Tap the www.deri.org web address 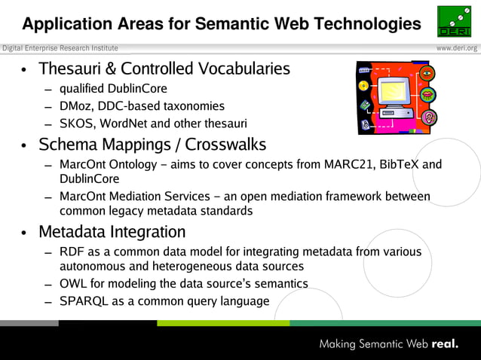coord(457,48)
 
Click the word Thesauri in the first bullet coord(70,69)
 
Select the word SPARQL coord(84,301)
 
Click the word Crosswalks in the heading coord(225,144)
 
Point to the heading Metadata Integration coord(112,231)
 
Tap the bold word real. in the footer coord(445,344)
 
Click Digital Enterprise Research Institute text coord(60,48)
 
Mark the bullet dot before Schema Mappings coord(26,145)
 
